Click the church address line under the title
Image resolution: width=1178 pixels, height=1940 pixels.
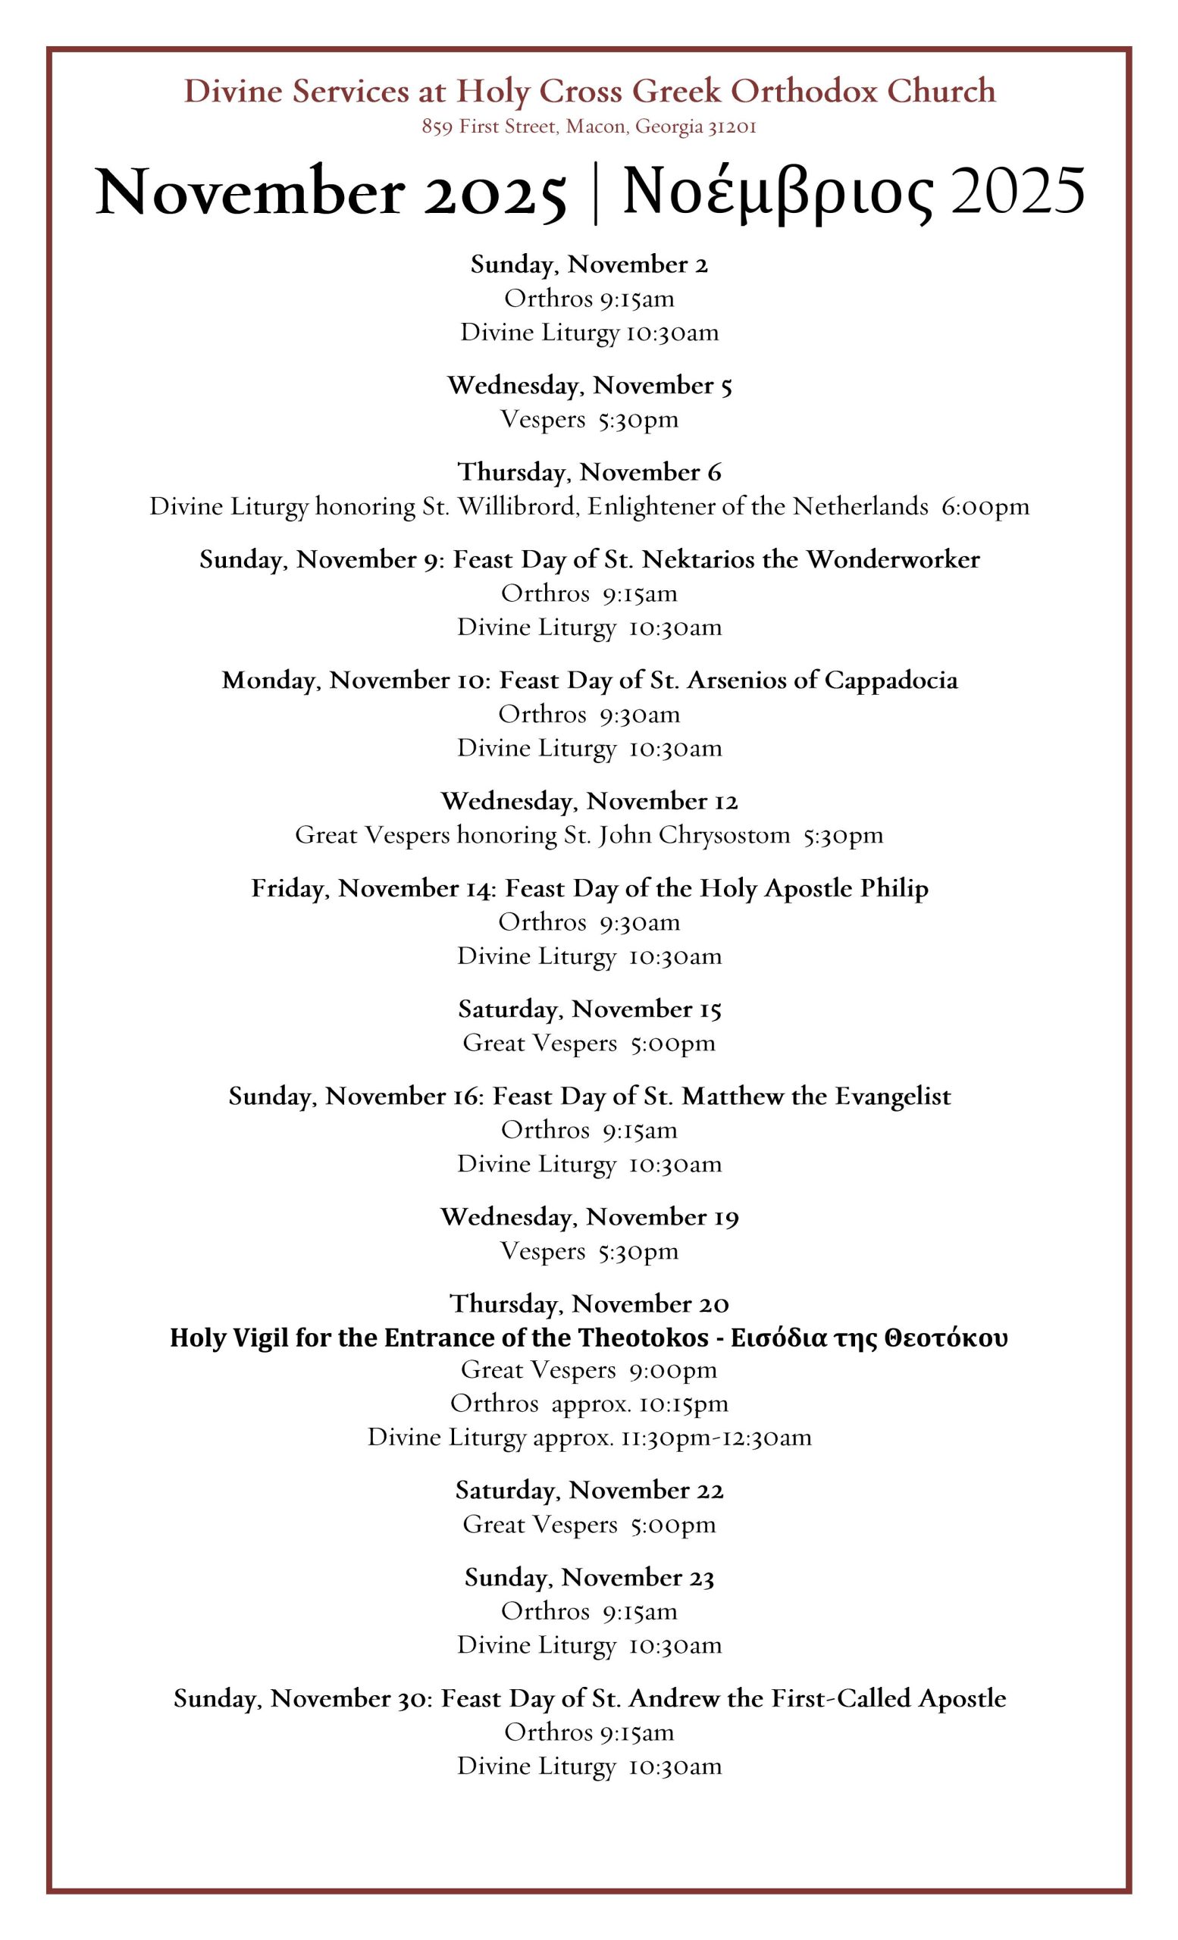(x=589, y=127)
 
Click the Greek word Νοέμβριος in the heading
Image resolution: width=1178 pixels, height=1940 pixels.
(x=778, y=193)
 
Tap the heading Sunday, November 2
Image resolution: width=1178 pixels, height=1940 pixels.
(x=589, y=264)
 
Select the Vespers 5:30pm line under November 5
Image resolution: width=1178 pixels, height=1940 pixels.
(x=589, y=419)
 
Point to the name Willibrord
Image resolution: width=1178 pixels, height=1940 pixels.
(x=519, y=506)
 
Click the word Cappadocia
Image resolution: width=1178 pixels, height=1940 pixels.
(x=891, y=681)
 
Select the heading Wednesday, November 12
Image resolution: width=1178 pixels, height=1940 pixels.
(x=589, y=802)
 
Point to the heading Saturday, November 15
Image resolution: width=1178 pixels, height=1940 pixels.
(x=589, y=1009)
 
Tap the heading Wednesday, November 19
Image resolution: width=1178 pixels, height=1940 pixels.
(x=589, y=1217)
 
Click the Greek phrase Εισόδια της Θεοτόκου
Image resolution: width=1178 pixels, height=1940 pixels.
(x=869, y=1338)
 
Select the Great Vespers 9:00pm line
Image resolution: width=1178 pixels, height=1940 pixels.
(x=589, y=1370)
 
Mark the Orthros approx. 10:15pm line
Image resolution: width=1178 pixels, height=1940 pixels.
(x=589, y=1403)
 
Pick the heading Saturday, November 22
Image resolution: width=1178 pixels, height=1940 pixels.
(x=589, y=1491)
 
